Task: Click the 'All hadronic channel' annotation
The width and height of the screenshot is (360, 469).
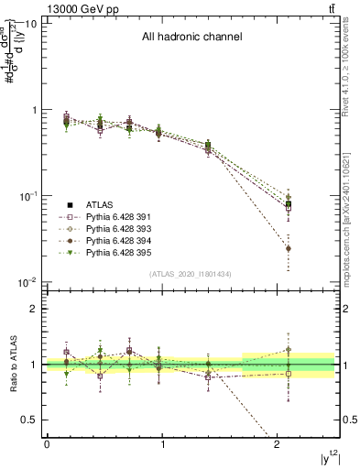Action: click(x=191, y=38)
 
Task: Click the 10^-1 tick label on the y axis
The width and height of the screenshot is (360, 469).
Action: click(x=27, y=196)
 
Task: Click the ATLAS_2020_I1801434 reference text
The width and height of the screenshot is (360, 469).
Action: click(x=191, y=275)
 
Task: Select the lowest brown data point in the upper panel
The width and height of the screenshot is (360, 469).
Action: click(x=289, y=248)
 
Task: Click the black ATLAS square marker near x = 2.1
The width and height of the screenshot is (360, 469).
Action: click(x=289, y=204)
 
